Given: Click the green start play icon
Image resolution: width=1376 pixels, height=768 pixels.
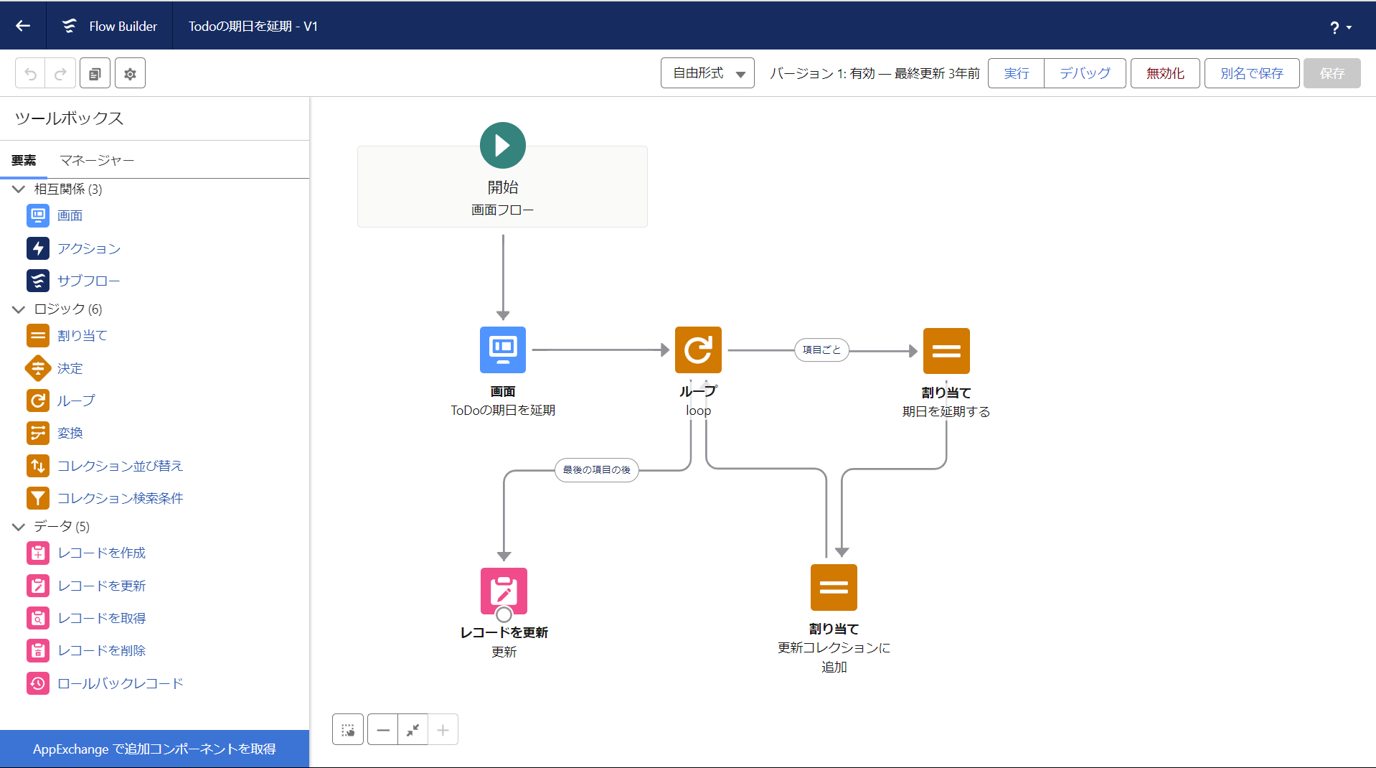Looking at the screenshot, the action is pos(503,145).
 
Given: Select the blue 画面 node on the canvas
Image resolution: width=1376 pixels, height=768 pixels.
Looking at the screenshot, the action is pos(503,350).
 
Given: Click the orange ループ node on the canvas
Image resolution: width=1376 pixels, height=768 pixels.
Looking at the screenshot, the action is pos(698,350).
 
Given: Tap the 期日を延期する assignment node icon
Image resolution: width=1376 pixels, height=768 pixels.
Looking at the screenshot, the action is pos(946,351).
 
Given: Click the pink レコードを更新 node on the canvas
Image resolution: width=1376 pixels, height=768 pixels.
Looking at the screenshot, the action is pos(504,591).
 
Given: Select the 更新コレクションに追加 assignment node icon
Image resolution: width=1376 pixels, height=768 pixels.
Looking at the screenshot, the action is pos(834,587).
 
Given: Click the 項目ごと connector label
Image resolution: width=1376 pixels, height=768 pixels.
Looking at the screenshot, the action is pos(821,350).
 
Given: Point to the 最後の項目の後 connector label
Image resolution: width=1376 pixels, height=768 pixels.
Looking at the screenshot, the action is pos(597,470).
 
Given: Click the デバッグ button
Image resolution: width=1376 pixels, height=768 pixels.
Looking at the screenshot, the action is pos(1085,73).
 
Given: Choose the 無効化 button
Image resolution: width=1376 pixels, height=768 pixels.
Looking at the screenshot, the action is pos(1165,73).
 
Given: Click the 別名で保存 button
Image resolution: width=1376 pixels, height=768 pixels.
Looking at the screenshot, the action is pos(1252,73).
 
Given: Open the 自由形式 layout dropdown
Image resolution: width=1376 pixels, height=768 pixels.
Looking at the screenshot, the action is pos(707,73).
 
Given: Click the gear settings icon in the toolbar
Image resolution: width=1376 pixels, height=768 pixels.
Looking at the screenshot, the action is pos(130,73).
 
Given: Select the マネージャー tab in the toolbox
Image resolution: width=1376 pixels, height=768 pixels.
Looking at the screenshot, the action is pos(97,160).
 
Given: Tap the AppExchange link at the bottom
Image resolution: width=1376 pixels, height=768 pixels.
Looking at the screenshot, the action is pos(154,749).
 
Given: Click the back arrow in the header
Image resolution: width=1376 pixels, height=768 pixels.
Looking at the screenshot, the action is pos(23,26).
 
